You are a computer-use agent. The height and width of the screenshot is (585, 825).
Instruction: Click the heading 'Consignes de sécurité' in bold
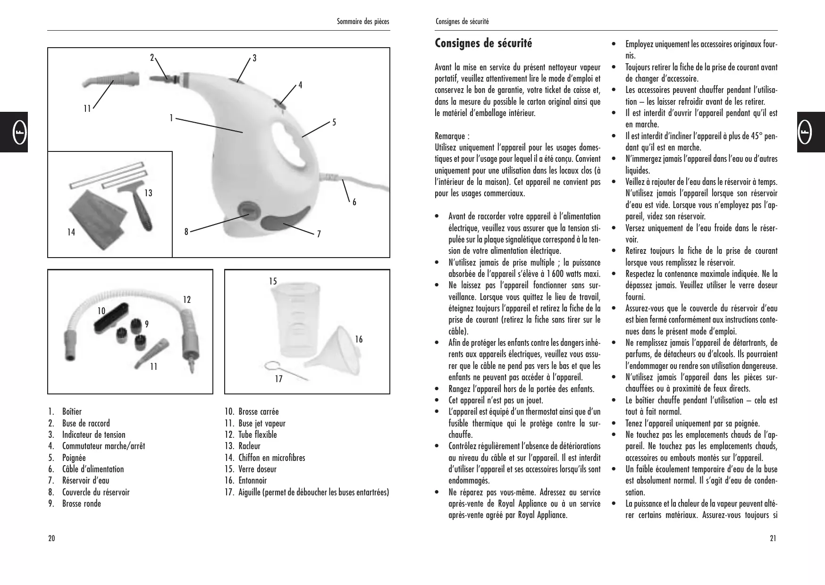coord(483,43)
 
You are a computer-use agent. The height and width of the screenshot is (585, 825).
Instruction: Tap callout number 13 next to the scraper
coord(148,193)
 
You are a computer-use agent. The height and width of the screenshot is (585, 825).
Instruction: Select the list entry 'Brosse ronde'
coord(81,504)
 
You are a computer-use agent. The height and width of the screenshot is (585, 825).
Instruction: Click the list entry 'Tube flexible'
coord(257,435)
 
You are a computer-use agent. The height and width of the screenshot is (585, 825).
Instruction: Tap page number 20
coord(51,539)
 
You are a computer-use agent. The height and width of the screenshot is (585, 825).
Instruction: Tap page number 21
coord(773,539)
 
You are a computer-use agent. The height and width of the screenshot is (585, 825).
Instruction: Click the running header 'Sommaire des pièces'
coord(362,22)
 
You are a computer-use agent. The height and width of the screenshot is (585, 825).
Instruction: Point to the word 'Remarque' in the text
coord(450,136)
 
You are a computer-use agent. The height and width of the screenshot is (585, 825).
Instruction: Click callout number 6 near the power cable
coord(354,202)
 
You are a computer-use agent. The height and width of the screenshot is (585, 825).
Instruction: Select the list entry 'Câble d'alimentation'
coord(93,469)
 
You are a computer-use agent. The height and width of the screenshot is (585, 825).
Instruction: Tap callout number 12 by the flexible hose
coord(187,300)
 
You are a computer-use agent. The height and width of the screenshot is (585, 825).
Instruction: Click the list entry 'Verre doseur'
coord(257,469)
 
